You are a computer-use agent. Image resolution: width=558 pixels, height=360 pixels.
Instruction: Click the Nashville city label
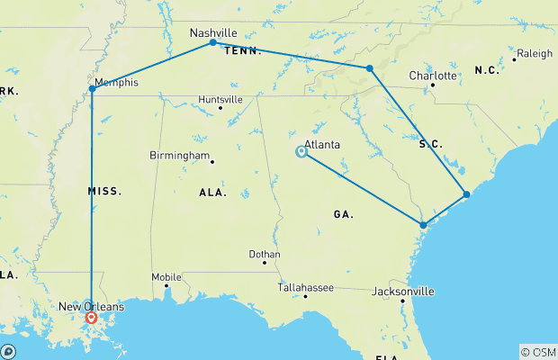pos(212,32)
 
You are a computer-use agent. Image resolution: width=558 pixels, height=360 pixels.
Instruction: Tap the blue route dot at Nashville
pos(212,42)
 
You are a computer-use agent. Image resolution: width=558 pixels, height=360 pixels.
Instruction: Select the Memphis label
pos(117,83)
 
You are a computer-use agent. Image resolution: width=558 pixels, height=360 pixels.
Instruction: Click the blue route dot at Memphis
pos(92,88)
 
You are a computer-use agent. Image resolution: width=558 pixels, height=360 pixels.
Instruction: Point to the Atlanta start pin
pos(301,151)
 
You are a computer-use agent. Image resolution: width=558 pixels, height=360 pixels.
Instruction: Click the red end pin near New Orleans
pos(91,317)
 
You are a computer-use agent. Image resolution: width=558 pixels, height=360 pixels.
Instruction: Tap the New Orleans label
pos(92,307)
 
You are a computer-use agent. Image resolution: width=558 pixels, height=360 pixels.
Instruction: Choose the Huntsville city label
pos(221,99)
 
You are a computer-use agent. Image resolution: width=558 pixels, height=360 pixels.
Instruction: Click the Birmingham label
pos(179,155)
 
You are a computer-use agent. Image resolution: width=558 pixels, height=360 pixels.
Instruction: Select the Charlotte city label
pos(432,76)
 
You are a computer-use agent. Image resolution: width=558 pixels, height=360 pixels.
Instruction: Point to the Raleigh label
pos(535,54)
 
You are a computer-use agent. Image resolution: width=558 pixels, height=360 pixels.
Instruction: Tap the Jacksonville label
pos(404,292)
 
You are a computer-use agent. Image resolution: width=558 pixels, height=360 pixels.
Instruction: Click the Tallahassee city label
pos(305,287)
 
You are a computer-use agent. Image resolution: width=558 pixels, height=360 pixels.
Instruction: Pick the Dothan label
pos(265,255)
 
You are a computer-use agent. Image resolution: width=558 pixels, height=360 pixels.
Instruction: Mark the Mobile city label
pos(166,277)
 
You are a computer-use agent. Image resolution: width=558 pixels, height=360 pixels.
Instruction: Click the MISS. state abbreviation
pos(104,191)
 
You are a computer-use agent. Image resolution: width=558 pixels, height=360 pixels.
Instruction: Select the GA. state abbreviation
pos(343,214)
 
